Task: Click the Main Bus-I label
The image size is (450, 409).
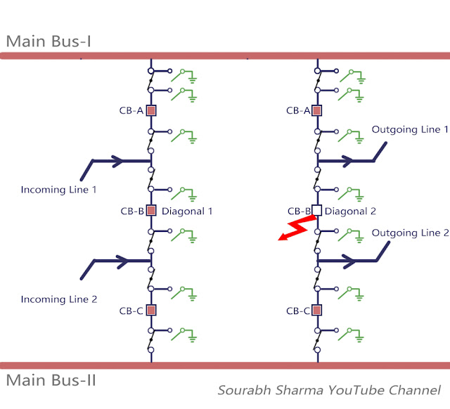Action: tap(49, 41)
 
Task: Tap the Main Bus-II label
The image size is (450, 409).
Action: tap(51, 381)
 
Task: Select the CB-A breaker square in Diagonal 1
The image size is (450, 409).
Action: tap(150, 110)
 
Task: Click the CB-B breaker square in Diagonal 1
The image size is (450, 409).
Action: tap(150, 210)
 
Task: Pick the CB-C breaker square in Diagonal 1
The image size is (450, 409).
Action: tap(150, 310)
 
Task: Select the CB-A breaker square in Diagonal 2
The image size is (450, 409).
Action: tap(316, 110)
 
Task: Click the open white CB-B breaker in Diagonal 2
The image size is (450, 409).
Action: tap(316, 210)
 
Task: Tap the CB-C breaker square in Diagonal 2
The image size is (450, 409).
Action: tap(316, 310)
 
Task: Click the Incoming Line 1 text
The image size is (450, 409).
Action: tap(58, 190)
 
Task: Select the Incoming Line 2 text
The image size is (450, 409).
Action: tap(58, 299)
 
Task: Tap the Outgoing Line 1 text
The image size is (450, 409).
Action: tap(409, 130)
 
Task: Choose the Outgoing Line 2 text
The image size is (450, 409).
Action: tap(409, 233)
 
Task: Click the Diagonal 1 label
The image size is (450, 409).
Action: tap(186, 211)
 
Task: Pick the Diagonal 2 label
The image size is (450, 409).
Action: tap(352, 211)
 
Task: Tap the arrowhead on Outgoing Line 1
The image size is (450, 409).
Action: tap(347, 161)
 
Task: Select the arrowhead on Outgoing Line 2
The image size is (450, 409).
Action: tap(347, 261)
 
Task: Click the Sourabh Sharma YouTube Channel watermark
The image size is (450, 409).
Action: tap(329, 390)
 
